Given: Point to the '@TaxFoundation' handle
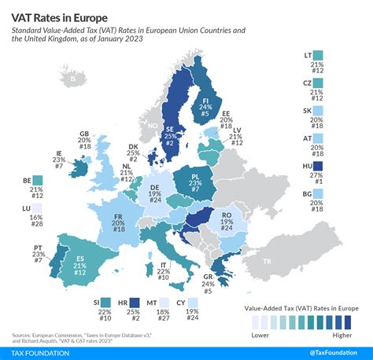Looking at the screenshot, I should click(332, 351).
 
